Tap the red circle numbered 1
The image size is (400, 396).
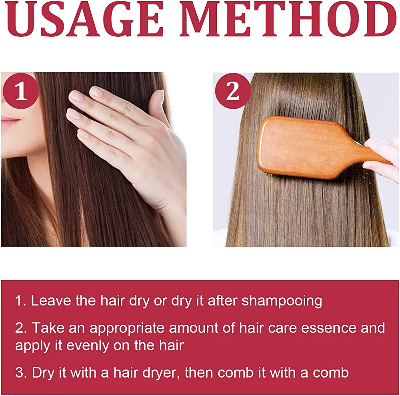[21, 91]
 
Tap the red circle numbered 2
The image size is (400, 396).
[233, 91]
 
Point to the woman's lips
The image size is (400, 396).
[10, 121]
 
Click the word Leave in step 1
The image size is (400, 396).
[51, 300]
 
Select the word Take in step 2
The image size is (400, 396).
[48, 328]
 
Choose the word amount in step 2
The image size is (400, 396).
[193, 328]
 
